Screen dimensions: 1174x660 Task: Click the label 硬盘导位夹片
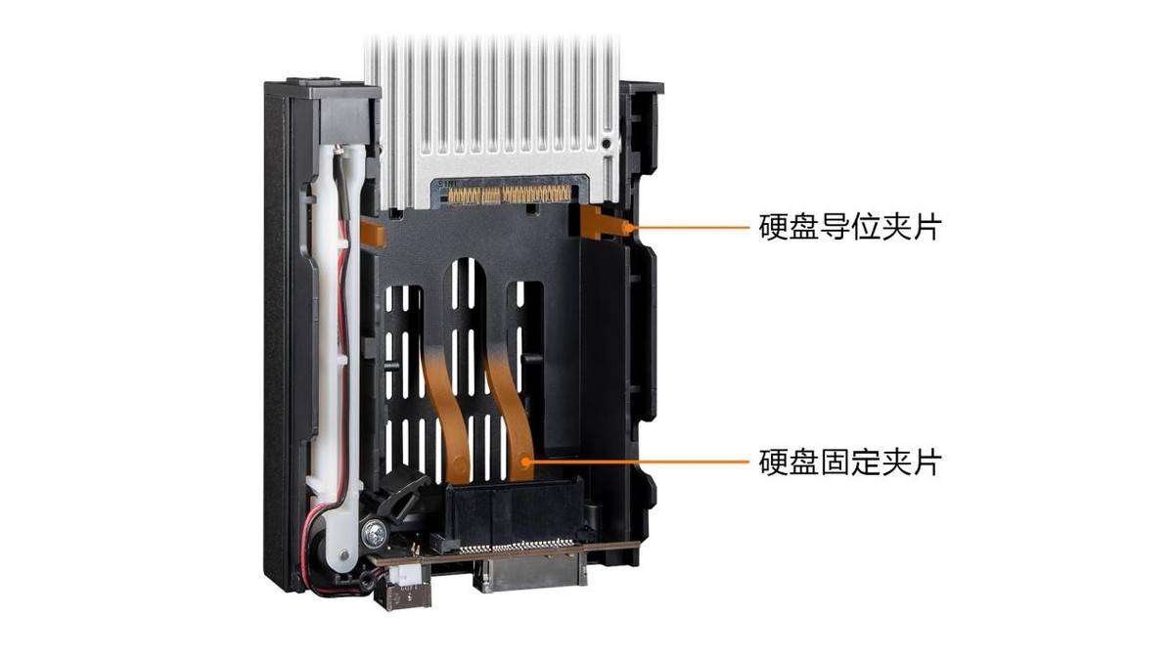(849, 227)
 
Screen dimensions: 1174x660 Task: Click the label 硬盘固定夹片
(849, 462)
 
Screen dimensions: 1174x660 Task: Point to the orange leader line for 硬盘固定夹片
(637, 462)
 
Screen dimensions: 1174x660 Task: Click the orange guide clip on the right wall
(603, 223)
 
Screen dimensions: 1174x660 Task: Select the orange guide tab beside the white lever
(373, 233)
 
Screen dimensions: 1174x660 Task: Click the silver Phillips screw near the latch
(374, 533)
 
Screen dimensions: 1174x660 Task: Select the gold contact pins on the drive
(510, 195)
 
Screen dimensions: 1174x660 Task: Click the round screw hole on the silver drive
(607, 144)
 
